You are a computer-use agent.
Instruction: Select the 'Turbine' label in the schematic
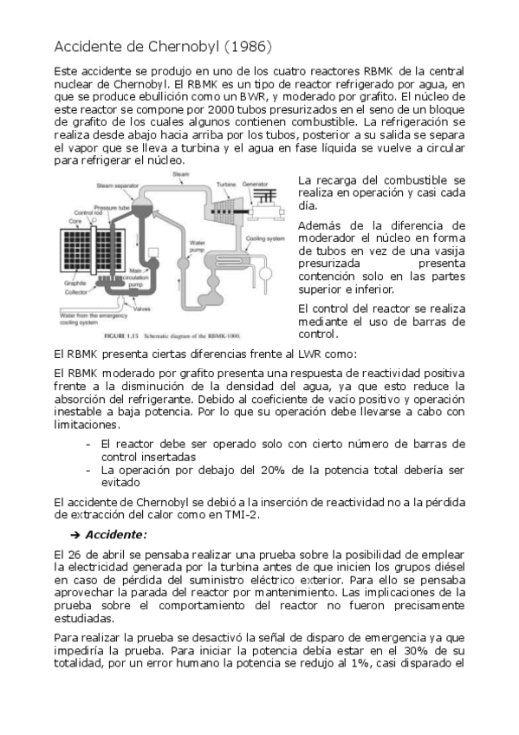tap(226, 185)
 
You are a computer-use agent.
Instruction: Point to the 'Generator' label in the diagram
tap(256, 185)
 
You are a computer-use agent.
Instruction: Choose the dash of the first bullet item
tap(89, 443)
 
